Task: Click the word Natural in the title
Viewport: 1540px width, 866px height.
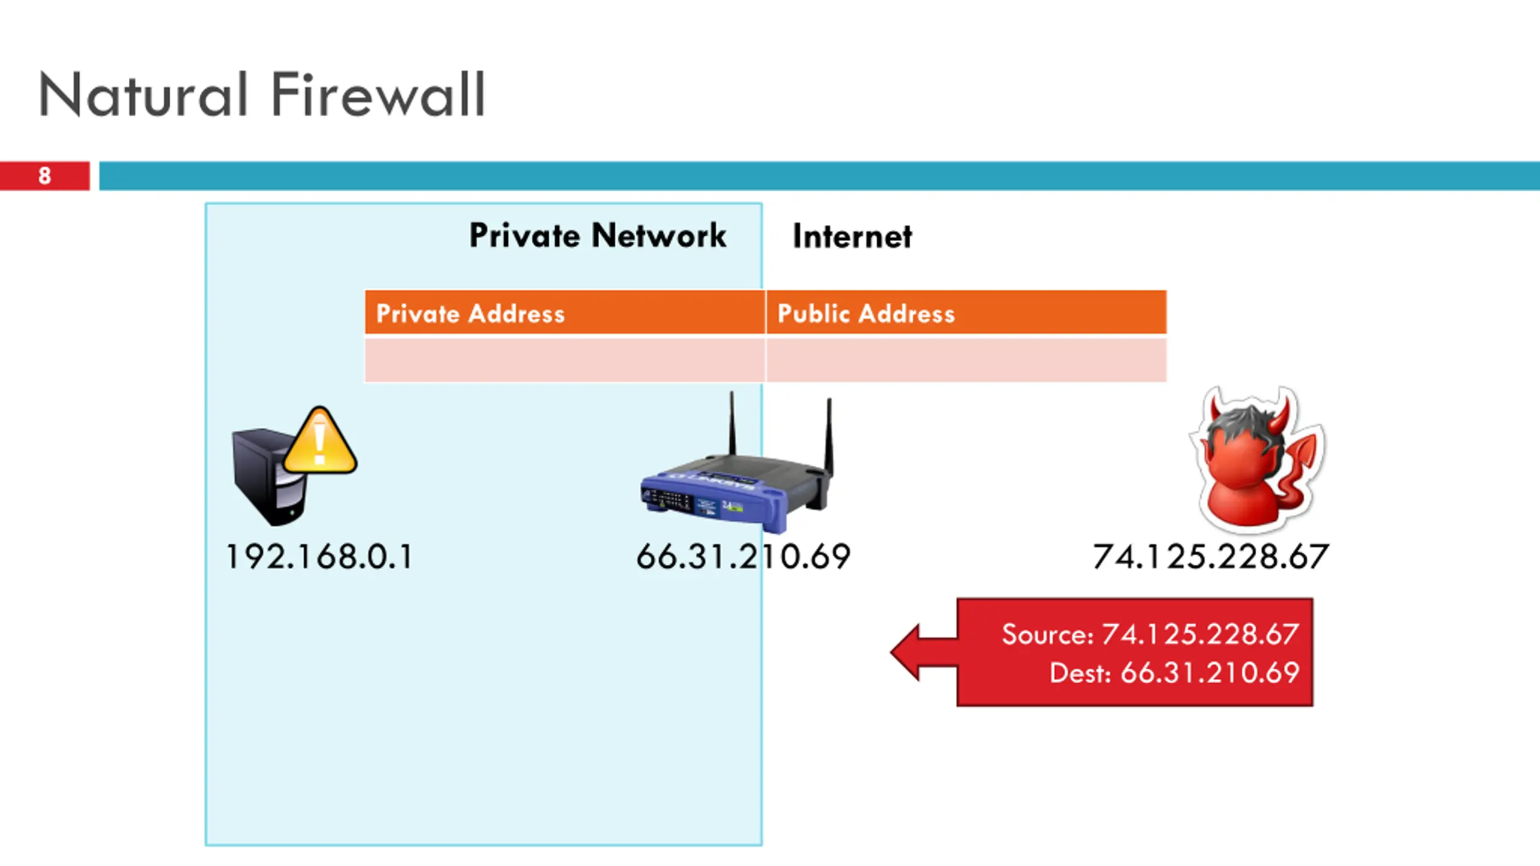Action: [x=143, y=94]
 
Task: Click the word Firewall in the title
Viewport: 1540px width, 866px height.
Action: [x=378, y=94]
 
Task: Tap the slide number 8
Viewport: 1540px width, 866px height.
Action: [x=45, y=176]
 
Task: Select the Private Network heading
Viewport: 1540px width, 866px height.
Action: [x=597, y=235]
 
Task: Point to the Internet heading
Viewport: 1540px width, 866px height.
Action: [x=852, y=236]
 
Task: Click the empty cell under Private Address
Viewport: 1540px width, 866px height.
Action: [x=565, y=360]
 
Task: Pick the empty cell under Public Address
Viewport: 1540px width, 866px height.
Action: [x=966, y=360]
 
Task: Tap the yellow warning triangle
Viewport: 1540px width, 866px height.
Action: [x=320, y=441]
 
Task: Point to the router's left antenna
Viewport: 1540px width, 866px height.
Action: [x=732, y=423]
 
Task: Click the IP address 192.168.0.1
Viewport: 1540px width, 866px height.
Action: [x=319, y=557]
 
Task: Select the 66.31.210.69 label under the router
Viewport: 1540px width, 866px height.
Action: [x=744, y=557]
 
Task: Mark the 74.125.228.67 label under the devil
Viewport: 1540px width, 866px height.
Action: [x=1210, y=557]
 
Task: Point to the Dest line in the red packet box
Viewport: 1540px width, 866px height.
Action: [x=1174, y=672]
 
